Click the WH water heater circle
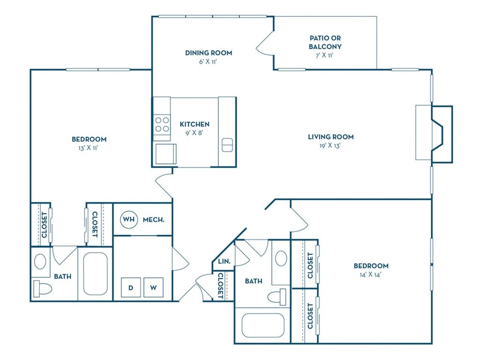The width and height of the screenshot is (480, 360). point(129,219)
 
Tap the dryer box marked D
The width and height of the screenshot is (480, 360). point(131,287)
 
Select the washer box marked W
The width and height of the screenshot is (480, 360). point(153,287)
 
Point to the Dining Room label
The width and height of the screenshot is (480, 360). point(209,52)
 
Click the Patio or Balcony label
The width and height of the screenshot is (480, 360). point(325,42)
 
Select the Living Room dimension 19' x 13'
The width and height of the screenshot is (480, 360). point(330,146)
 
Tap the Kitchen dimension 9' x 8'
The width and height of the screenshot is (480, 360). point(195,133)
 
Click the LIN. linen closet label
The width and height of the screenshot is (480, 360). point(225,262)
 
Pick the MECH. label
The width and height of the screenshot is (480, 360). point(154,219)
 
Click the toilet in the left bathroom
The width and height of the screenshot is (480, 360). point(42,289)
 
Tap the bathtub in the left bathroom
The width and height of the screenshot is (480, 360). point(95,274)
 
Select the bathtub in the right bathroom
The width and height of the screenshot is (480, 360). point(263,325)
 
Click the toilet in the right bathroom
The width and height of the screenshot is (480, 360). point(278,297)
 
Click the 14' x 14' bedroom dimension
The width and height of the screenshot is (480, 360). point(370,275)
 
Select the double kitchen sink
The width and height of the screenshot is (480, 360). point(227,145)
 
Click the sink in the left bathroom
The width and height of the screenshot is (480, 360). point(40,262)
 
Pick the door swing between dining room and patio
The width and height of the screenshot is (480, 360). point(264,44)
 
